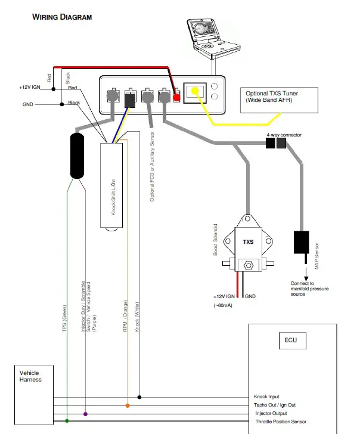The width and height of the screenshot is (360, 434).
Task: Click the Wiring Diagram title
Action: (62, 17)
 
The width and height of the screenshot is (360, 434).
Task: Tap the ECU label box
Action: (293, 340)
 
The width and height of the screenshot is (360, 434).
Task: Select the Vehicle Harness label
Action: (30, 376)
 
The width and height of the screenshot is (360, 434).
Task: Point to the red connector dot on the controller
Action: (176, 97)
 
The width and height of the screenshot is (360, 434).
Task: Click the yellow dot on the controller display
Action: (195, 91)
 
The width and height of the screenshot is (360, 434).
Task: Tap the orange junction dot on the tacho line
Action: (128, 406)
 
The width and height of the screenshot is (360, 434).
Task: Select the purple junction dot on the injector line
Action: (85, 414)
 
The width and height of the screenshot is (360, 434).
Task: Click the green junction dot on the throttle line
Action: (67, 421)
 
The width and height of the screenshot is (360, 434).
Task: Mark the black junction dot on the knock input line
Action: (139, 397)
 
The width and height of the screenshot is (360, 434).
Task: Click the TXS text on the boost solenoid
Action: (248, 242)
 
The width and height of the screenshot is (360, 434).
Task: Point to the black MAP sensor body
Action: (302, 242)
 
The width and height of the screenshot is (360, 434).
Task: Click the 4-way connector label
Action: (284, 135)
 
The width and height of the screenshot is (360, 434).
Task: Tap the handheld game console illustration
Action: (213, 38)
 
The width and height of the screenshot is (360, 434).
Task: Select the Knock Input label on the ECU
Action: (266, 396)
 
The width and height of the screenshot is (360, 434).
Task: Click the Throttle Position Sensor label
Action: (281, 421)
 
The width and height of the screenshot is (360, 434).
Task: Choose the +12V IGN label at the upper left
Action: (30, 87)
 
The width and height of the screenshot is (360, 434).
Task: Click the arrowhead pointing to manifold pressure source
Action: (306, 278)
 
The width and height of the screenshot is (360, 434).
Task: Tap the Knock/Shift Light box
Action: (111, 185)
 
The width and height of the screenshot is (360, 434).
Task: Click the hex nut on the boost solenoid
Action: (249, 266)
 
